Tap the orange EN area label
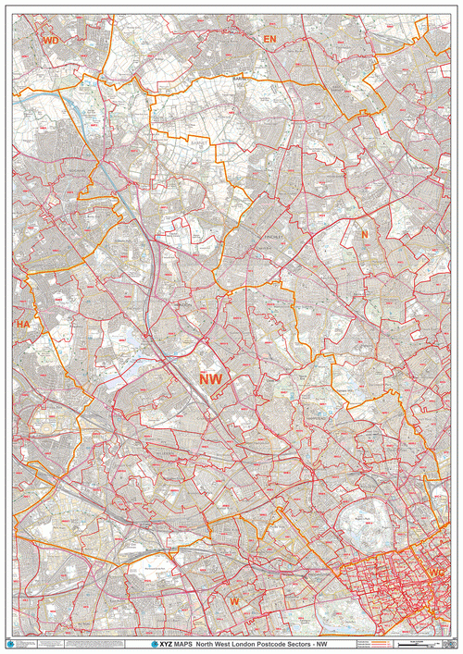(x=269, y=39)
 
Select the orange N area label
(x=365, y=235)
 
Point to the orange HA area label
(x=22, y=325)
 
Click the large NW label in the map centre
(x=210, y=377)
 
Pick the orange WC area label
(x=438, y=576)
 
